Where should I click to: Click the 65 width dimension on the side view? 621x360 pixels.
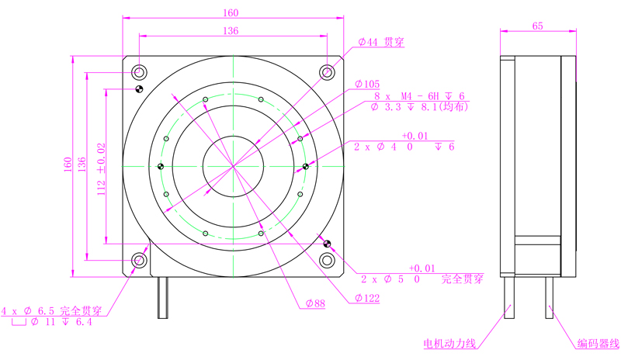pos(537,26)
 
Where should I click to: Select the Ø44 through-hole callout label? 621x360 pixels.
pos(381,42)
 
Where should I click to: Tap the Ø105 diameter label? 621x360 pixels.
pos(367,84)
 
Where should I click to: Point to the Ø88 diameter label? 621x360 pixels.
pos(315,303)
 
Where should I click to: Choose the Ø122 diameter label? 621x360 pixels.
pos(367,298)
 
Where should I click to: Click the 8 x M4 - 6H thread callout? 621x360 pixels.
pos(419,96)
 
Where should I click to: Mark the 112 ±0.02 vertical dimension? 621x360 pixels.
pos(102,169)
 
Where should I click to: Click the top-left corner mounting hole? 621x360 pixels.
pos(139,72)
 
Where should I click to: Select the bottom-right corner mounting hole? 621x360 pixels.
pos(327,260)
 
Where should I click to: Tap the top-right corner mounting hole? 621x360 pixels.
pos(327,72)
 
